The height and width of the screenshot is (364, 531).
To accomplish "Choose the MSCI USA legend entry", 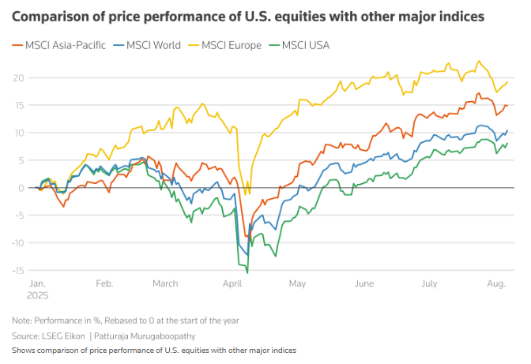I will [306, 45].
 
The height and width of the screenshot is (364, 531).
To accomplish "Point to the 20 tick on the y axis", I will [18, 77].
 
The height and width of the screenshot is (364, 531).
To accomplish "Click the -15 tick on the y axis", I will [18, 270].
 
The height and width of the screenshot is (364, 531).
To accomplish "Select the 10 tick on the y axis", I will [18, 133].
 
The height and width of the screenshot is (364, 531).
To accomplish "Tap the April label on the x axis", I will [232, 283].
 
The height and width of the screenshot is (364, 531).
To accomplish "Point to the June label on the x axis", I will [364, 283].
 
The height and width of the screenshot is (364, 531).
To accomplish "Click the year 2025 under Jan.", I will [39, 294].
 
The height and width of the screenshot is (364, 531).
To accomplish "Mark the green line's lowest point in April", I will [247, 273].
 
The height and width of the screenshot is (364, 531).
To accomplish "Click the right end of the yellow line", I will [507, 82].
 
